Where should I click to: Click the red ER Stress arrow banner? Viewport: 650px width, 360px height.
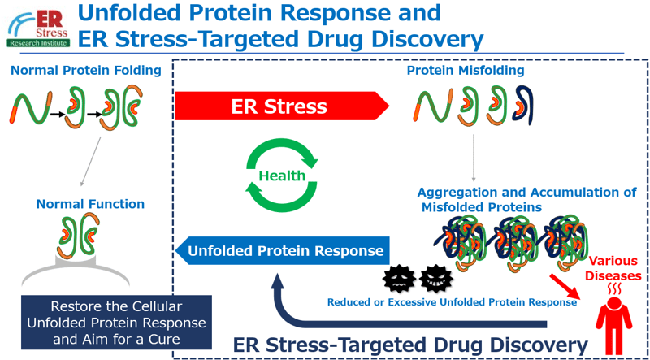pos(282,106)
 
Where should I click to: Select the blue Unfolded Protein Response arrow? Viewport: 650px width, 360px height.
pos(283,251)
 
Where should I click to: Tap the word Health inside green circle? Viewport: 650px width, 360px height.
pos(282,176)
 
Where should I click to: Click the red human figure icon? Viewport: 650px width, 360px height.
pos(616,327)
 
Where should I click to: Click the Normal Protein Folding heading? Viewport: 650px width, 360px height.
pos(86,70)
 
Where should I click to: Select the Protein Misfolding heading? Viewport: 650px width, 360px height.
pos(465,70)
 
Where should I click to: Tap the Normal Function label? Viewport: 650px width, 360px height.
pos(90,204)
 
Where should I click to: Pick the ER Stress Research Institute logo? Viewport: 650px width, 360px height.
pos(39,27)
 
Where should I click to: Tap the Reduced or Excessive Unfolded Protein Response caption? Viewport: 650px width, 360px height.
pos(452,302)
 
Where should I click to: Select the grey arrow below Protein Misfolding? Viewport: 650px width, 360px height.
pos(473,157)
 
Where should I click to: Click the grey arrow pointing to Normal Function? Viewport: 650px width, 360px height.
pos(91,162)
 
